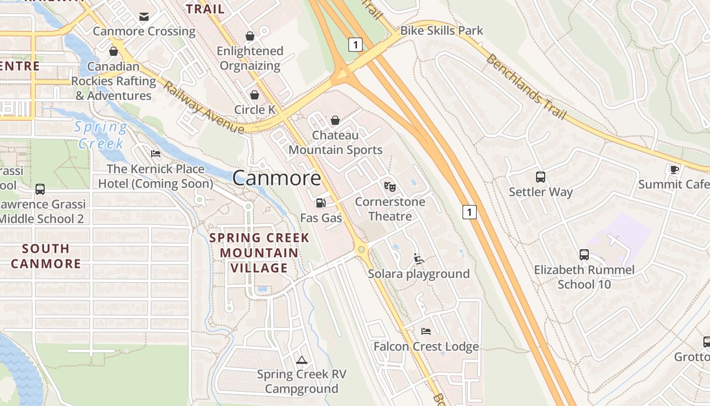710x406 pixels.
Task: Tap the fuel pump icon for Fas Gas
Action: tap(321, 203)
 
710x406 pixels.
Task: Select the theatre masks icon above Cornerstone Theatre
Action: tap(389, 186)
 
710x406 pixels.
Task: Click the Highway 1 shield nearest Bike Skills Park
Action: tap(356, 45)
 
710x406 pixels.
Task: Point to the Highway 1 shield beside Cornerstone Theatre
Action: tap(470, 212)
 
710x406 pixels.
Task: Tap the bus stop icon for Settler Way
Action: tap(541, 177)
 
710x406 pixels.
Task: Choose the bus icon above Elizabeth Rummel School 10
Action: tap(584, 255)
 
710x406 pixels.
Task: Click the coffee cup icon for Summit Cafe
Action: tap(674, 170)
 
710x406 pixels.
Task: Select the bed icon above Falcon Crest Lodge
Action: tap(426, 331)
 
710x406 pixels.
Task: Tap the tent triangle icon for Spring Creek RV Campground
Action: tap(302, 360)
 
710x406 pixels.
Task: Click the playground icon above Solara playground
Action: tap(419, 259)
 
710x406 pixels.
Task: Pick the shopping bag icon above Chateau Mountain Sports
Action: tap(335, 120)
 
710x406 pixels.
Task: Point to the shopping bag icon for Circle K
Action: tap(255, 95)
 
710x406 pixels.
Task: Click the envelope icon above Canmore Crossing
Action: tap(144, 17)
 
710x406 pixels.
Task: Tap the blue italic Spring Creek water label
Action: tap(100, 135)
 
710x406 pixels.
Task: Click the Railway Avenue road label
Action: tap(203, 108)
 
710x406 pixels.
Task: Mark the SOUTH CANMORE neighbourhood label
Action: tap(46, 256)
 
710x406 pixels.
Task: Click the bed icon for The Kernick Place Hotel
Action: tap(156, 154)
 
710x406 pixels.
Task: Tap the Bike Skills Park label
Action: tap(442, 30)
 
